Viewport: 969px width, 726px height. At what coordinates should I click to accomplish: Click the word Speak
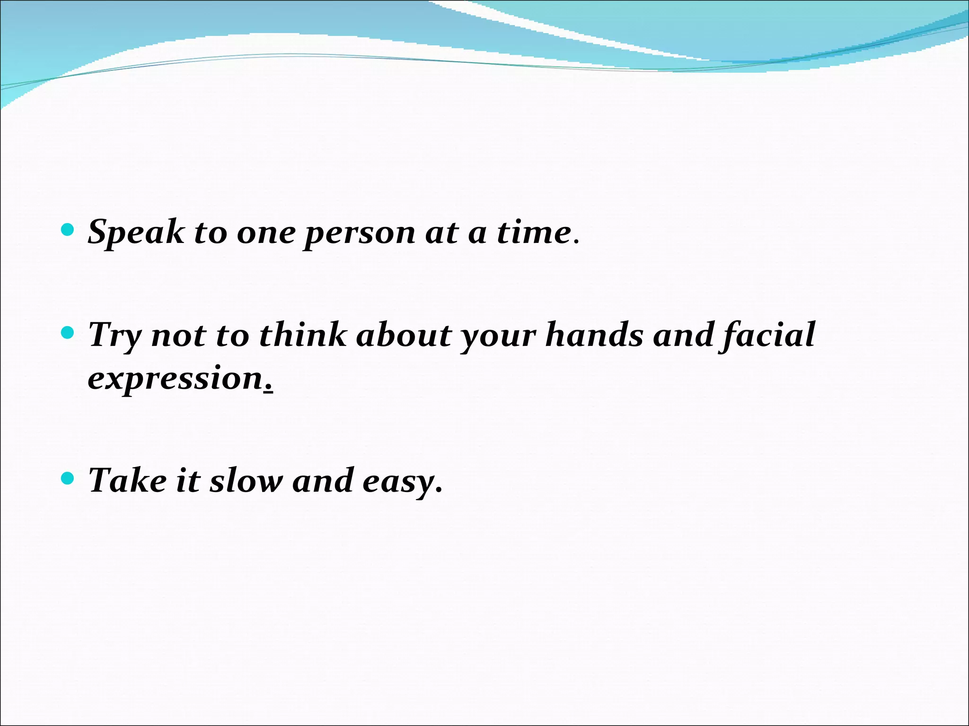(136, 233)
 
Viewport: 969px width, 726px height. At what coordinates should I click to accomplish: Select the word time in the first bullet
(534, 233)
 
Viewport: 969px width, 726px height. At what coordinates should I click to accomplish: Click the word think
(303, 335)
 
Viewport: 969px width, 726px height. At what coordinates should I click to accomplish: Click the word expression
(175, 378)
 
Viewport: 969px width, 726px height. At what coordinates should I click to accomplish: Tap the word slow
(246, 480)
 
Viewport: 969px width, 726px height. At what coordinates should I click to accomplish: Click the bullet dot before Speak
(68, 230)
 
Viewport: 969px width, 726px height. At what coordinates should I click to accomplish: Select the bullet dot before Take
(68, 479)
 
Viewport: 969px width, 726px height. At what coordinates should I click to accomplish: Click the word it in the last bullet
(188, 480)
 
